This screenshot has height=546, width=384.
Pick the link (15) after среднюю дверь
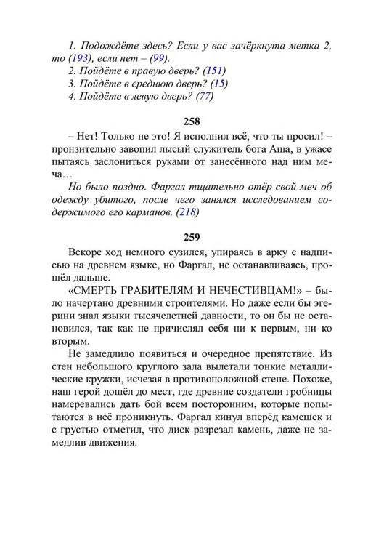pyautogui.click(x=217, y=84)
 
